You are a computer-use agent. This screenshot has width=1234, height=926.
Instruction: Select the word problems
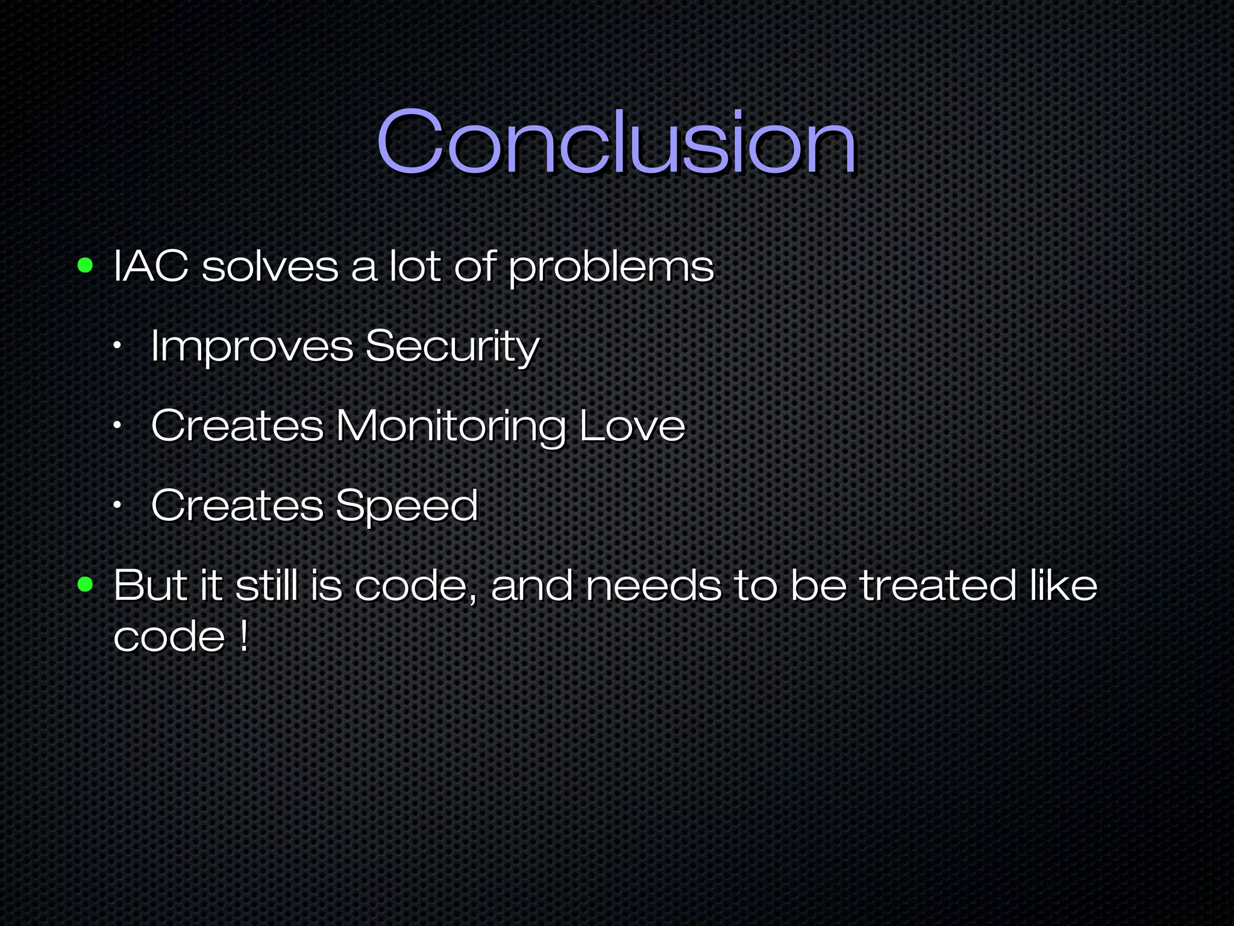click(x=611, y=268)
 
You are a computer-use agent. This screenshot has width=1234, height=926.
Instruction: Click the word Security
click(x=452, y=347)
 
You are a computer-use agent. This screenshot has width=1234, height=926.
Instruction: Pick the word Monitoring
click(x=450, y=427)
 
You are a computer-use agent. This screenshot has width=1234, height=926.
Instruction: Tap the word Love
click(x=632, y=426)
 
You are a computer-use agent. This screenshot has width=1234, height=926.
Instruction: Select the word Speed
click(x=407, y=506)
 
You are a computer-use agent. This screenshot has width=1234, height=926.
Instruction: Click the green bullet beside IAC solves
click(x=86, y=265)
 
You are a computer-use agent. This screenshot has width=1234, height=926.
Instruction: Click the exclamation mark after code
click(x=243, y=635)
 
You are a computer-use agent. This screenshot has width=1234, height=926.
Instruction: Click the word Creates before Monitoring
click(x=237, y=426)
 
